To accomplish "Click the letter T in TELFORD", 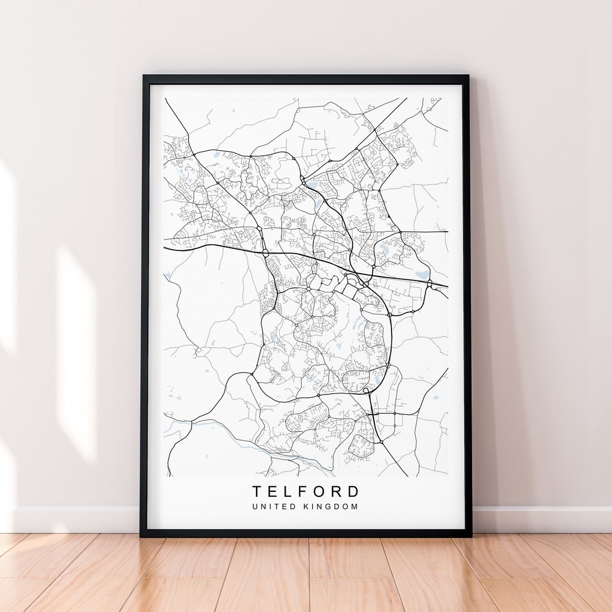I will [x=257, y=491].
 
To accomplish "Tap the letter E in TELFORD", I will [x=274, y=491].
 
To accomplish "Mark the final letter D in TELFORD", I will [x=354, y=491].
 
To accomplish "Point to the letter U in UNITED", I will [x=255, y=507].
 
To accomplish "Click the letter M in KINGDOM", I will [x=355, y=507].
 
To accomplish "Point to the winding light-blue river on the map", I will [x=238, y=442].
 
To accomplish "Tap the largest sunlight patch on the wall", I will [x=76, y=351].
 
